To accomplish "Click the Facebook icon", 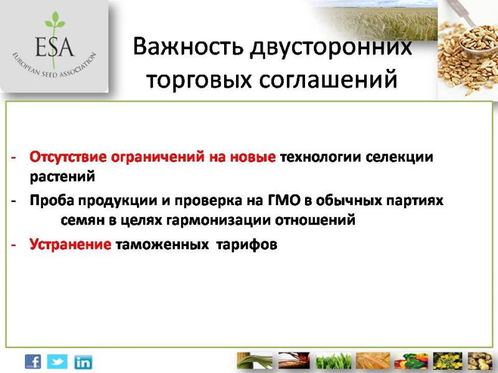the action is (x=33, y=362).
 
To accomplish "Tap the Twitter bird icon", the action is (x=57, y=362).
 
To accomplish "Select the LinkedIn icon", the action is (x=83, y=362).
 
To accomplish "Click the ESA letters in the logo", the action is (x=55, y=47).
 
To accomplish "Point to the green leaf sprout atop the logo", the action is (x=55, y=21).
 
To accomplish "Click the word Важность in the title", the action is (x=188, y=47).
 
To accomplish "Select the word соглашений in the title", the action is (x=328, y=80).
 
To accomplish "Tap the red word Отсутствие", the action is (x=68, y=157).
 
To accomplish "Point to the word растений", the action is (x=62, y=177).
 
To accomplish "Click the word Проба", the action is (x=52, y=200).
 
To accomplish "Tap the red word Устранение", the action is (x=70, y=244).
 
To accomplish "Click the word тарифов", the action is (x=247, y=244).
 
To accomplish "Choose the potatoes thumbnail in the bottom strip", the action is (x=480, y=361).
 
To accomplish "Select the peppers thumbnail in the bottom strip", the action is (x=411, y=361).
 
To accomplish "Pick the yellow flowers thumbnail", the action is (x=448, y=361).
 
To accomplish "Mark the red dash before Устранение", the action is (x=13, y=245).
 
